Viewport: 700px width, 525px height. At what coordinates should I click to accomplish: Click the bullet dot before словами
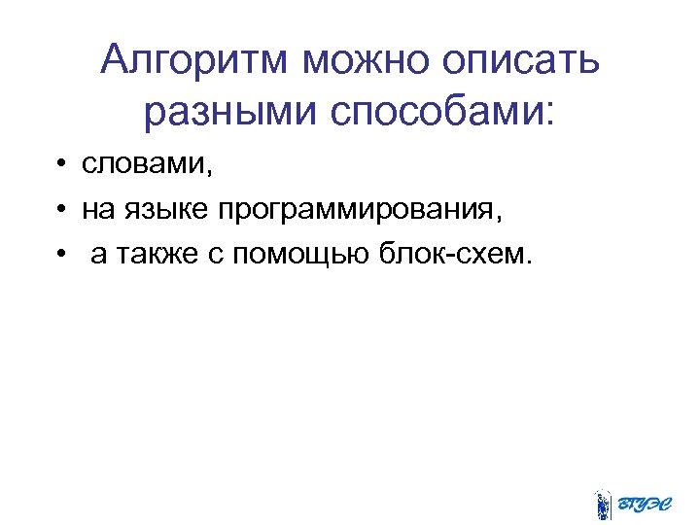(x=60, y=165)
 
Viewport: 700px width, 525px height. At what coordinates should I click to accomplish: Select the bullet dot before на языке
(x=60, y=209)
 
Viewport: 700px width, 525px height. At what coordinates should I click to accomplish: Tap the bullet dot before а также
(x=60, y=254)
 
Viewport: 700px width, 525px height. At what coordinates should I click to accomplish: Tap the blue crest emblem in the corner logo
(x=603, y=503)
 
